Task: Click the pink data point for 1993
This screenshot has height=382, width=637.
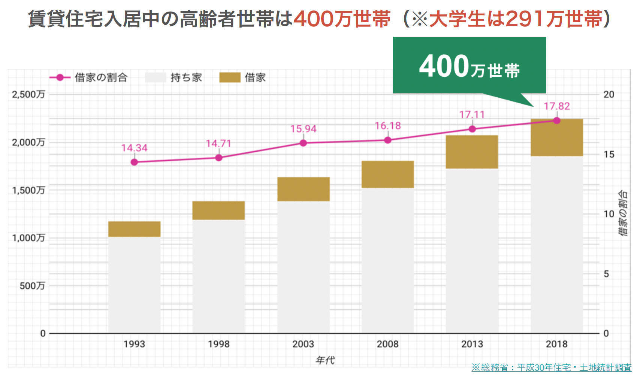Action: tap(134, 162)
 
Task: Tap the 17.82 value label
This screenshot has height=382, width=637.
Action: tap(556, 106)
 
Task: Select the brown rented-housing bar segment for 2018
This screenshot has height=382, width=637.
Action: tap(556, 138)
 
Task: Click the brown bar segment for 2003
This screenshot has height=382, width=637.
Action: tap(303, 189)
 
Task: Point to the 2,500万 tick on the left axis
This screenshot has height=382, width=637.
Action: tap(28, 94)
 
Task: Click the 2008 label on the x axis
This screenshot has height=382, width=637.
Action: tap(387, 344)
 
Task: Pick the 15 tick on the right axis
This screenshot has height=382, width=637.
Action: tap(609, 154)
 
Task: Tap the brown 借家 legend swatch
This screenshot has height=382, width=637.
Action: tap(229, 78)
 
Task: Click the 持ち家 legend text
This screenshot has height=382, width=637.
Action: tap(186, 78)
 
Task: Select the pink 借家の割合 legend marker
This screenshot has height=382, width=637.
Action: tap(60, 78)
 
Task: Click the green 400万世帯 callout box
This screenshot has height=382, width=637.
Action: tap(469, 66)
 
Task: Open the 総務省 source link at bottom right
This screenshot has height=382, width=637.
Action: tap(551, 367)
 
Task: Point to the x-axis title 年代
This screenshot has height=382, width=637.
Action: tap(325, 360)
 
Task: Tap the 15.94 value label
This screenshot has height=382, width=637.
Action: tap(303, 129)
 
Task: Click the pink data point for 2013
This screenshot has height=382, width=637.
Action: tap(472, 129)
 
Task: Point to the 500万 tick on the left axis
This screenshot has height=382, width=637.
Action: tap(32, 286)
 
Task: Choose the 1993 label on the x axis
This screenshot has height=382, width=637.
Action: tap(134, 344)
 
